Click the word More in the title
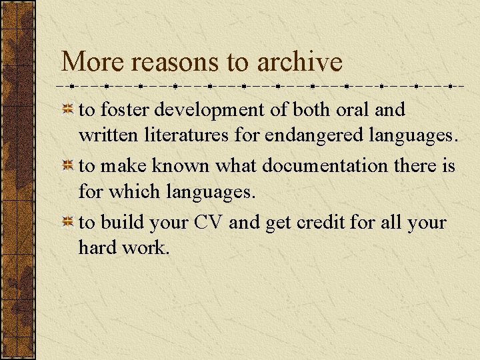[x=89, y=63]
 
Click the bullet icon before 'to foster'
[x=68, y=109]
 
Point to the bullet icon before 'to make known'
[x=68, y=166]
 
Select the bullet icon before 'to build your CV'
[x=68, y=223]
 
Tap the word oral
[x=349, y=109]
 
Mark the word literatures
[x=188, y=136]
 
